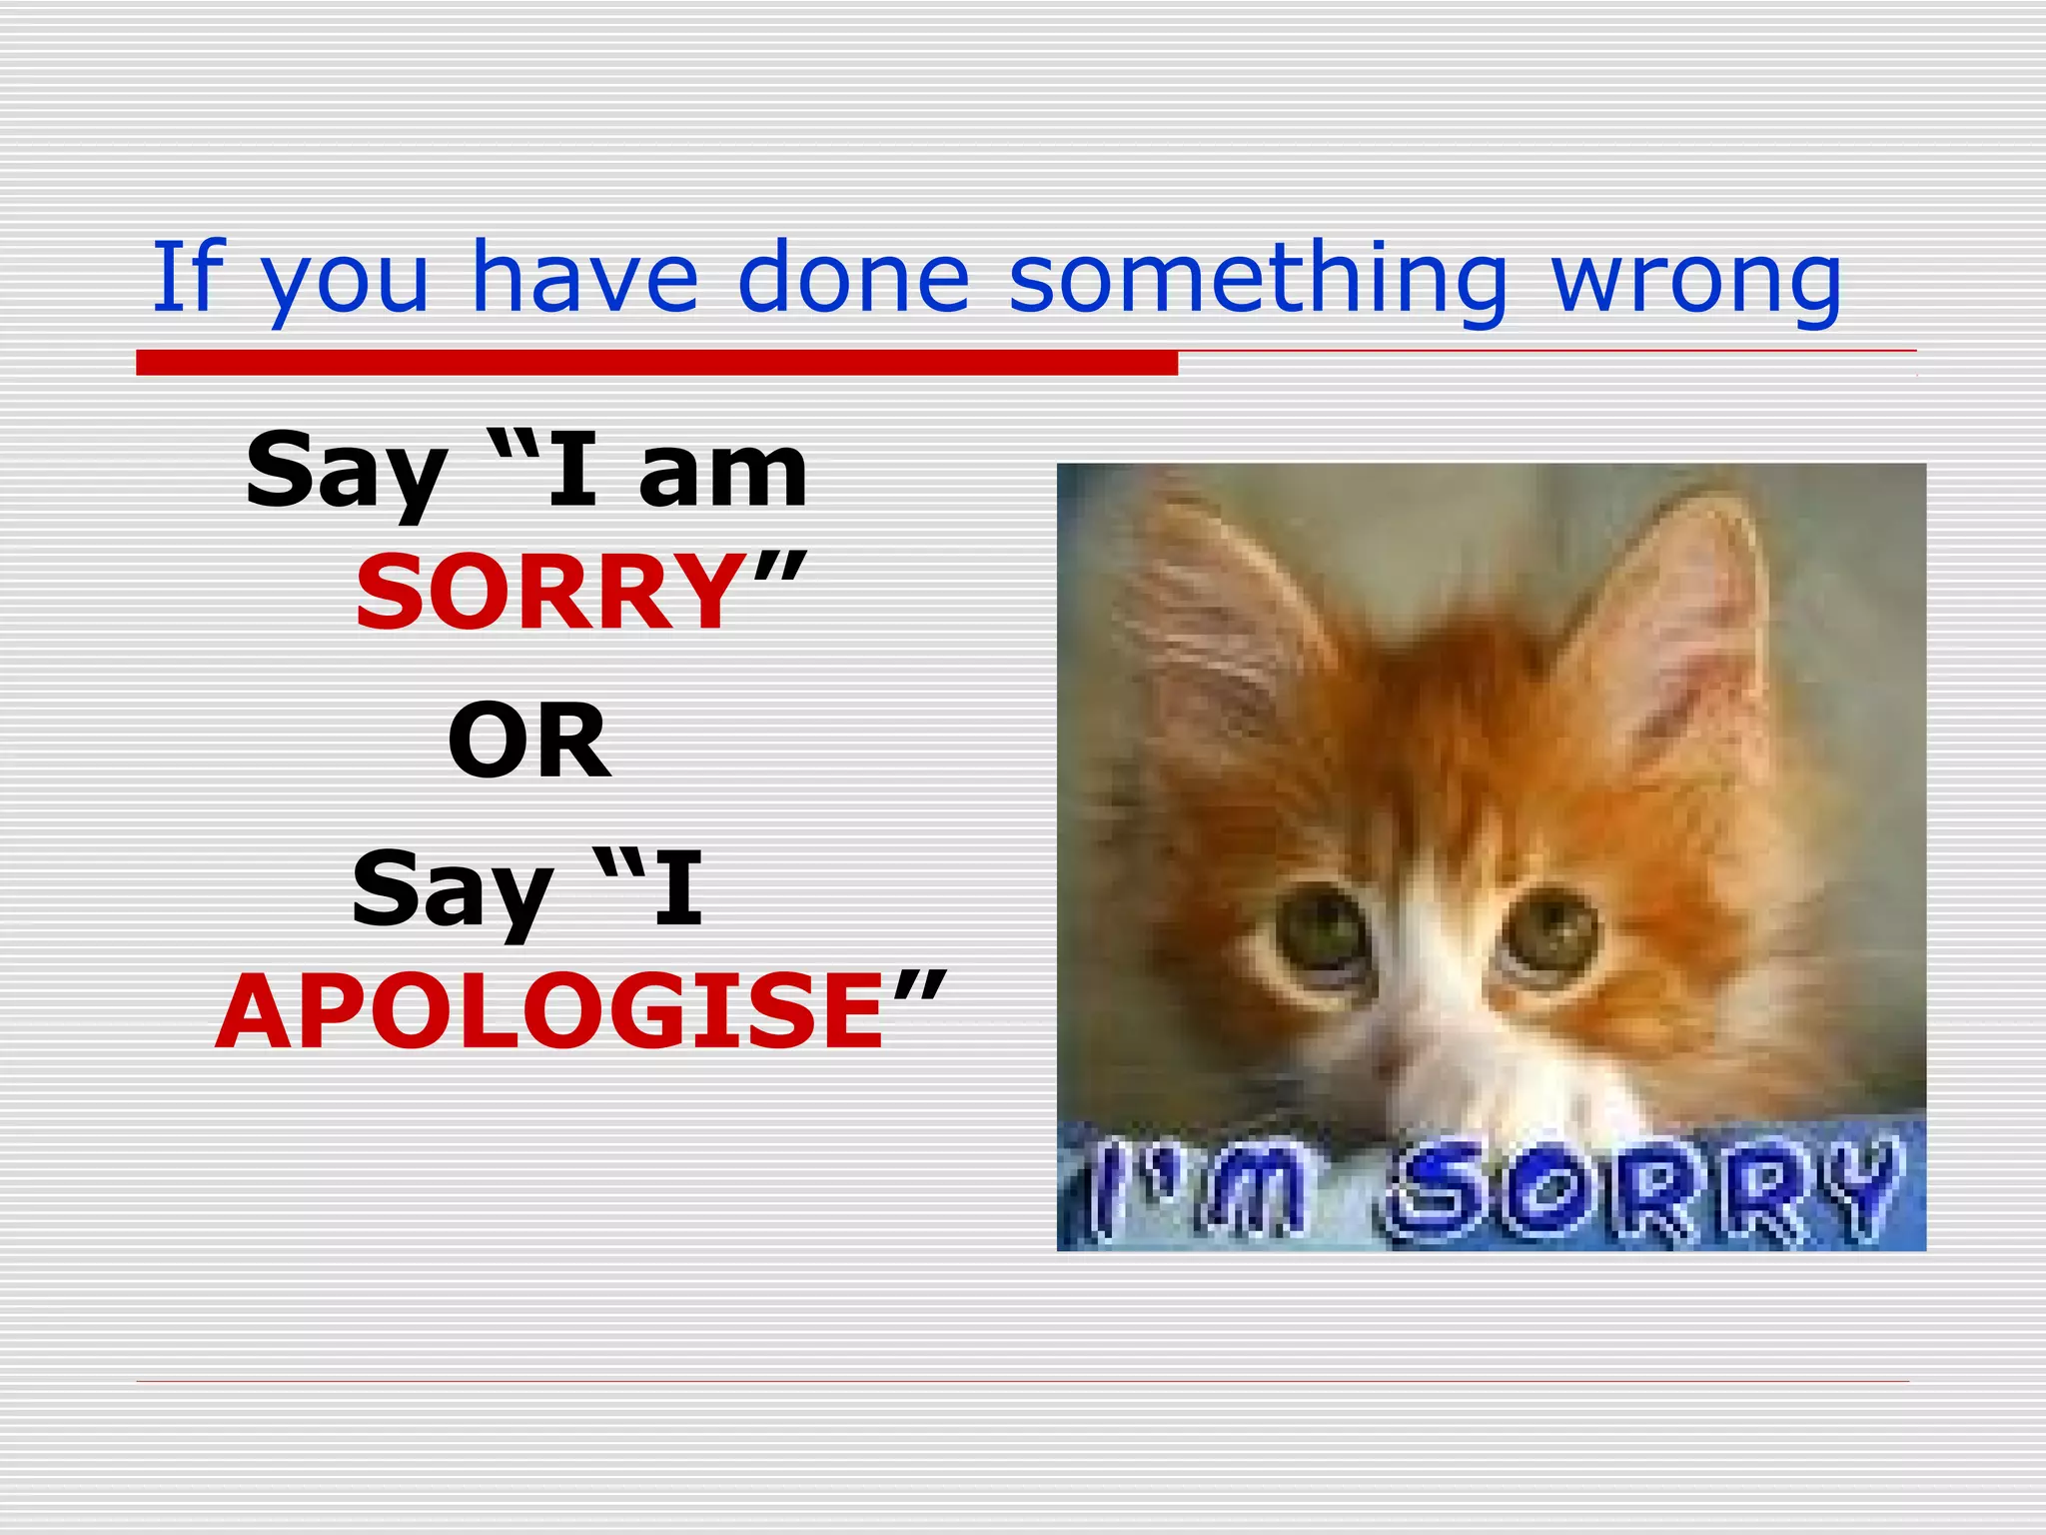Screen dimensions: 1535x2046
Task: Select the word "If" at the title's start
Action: click(x=188, y=277)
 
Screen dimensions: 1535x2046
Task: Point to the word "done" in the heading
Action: click(x=853, y=277)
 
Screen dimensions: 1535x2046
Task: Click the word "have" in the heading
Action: click(x=584, y=277)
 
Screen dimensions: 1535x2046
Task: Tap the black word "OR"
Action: click(x=528, y=741)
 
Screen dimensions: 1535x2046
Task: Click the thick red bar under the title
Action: click(x=656, y=363)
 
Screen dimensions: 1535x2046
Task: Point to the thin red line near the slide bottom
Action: click(x=1022, y=1381)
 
